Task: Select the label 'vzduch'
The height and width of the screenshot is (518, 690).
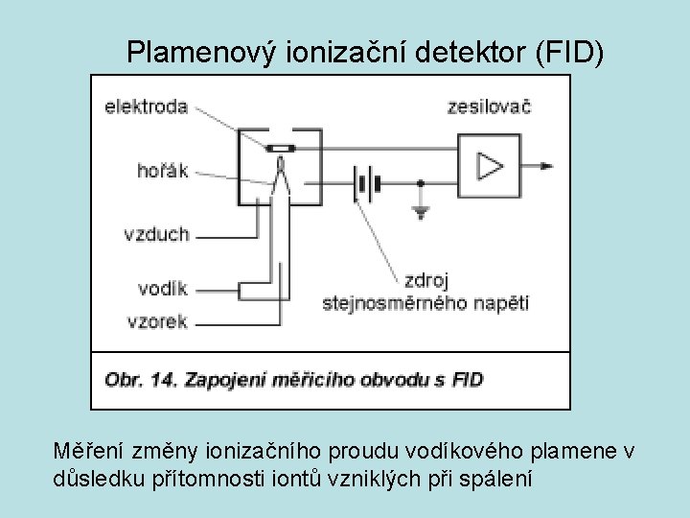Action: pyautogui.click(x=156, y=233)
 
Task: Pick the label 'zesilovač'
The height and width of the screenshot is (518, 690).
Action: pyautogui.click(x=489, y=106)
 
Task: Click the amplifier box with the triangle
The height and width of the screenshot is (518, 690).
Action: pyautogui.click(x=490, y=166)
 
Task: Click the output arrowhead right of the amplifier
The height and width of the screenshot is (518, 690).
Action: pyautogui.click(x=546, y=166)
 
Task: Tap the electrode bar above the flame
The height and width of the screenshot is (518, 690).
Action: pyautogui.click(x=280, y=149)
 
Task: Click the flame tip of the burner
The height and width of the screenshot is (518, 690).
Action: pyautogui.click(x=280, y=165)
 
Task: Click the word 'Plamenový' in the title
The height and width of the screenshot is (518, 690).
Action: pyautogui.click(x=203, y=54)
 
